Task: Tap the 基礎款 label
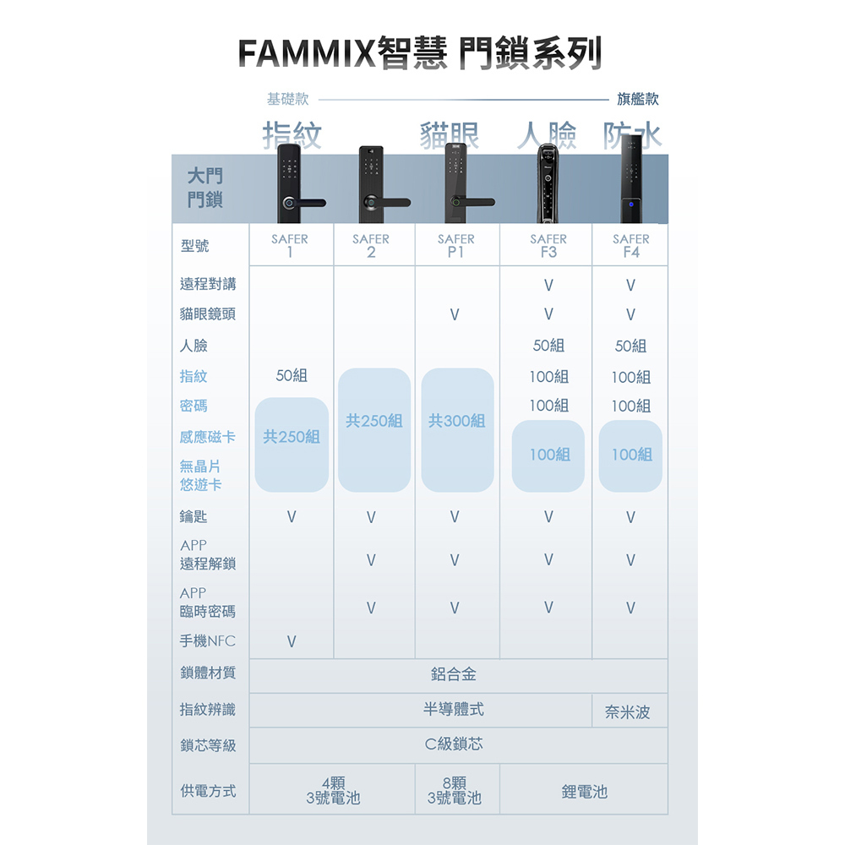(x=287, y=100)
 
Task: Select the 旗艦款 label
(x=638, y=100)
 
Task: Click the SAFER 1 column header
(x=290, y=245)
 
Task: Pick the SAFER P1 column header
(x=456, y=245)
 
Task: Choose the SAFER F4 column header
(x=631, y=245)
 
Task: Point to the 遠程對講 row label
(x=208, y=285)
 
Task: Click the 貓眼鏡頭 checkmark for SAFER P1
(x=455, y=315)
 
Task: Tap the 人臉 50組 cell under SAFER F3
(x=549, y=346)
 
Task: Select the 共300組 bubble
(x=456, y=421)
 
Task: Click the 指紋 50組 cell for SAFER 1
(x=292, y=376)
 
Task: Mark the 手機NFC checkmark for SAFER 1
(x=292, y=642)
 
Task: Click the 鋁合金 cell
(x=454, y=674)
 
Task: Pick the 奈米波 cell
(x=628, y=713)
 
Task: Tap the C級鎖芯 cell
(x=454, y=744)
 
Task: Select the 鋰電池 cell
(x=584, y=792)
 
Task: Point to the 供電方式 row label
(x=208, y=792)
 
